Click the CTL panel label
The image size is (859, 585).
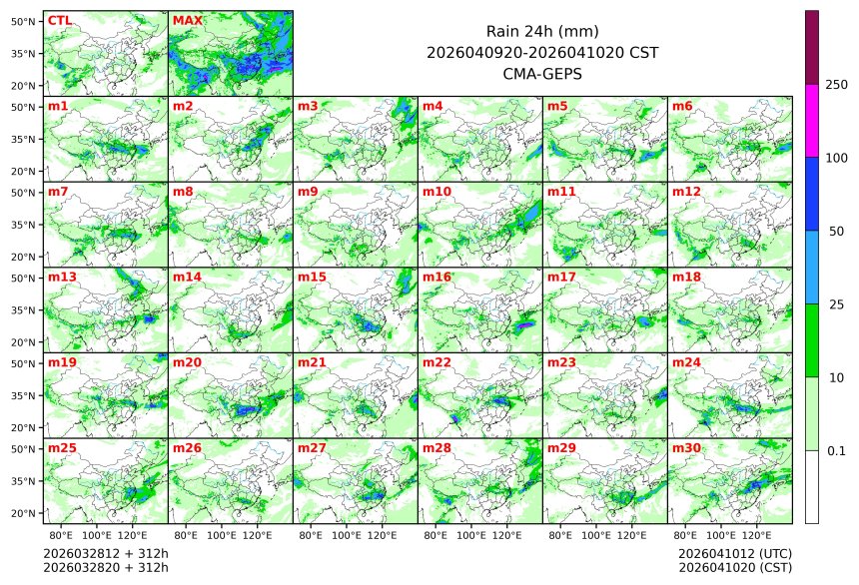click(59, 20)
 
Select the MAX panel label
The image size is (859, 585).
click(185, 20)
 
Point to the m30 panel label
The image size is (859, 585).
click(686, 448)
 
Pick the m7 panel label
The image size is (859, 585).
click(58, 191)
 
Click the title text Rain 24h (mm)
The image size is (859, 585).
click(541, 31)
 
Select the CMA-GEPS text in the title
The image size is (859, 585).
click(541, 73)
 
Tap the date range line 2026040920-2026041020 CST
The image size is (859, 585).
click(541, 52)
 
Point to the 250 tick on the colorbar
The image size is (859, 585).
click(836, 85)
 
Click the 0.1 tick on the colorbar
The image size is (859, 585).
click(836, 450)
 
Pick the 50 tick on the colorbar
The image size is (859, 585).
click(836, 231)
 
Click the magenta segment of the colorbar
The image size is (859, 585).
click(812, 120)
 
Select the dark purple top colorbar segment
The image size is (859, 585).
click(812, 47)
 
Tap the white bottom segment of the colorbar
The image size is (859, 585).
click(812, 486)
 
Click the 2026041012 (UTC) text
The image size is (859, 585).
click(734, 553)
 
